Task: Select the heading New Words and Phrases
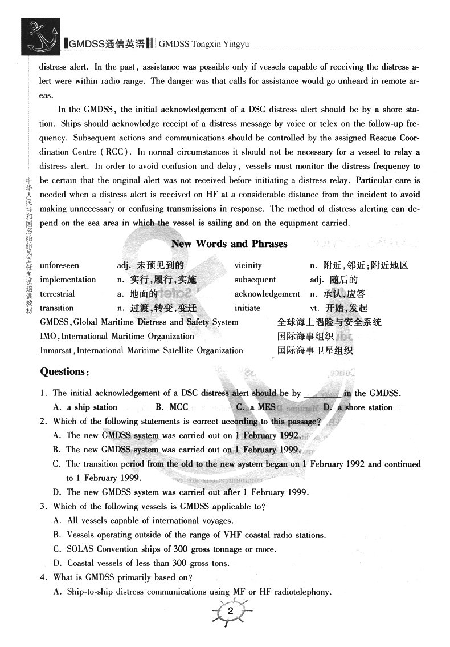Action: tap(229, 244)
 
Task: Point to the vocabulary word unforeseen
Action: tap(60, 265)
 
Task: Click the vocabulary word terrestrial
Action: tap(58, 294)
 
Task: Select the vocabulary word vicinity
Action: tap(248, 265)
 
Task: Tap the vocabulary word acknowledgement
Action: tap(267, 294)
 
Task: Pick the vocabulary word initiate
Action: tap(247, 308)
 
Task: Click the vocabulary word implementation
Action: tap(68, 280)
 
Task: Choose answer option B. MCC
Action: tap(171, 407)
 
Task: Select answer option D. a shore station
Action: tap(358, 407)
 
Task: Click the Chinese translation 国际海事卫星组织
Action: tap(315, 350)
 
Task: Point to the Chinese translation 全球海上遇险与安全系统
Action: tap(329, 322)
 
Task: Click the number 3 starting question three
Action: tap(43, 506)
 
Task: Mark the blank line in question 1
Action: tap(322, 394)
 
